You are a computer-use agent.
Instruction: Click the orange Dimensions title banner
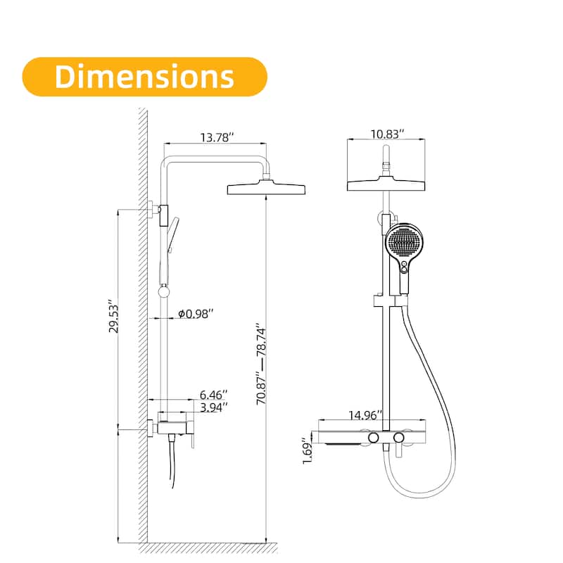coord(144,76)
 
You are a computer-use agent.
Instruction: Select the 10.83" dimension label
coord(386,134)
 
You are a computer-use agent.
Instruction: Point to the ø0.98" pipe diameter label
coord(195,313)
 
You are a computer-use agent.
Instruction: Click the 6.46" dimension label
coord(213,396)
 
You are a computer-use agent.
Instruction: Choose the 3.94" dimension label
coord(213,408)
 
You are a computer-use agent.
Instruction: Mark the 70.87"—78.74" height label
coord(262,362)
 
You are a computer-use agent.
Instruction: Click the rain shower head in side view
coord(267,189)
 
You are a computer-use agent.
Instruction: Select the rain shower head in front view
coord(386,184)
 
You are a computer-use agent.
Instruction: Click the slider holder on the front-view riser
coord(387,302)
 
